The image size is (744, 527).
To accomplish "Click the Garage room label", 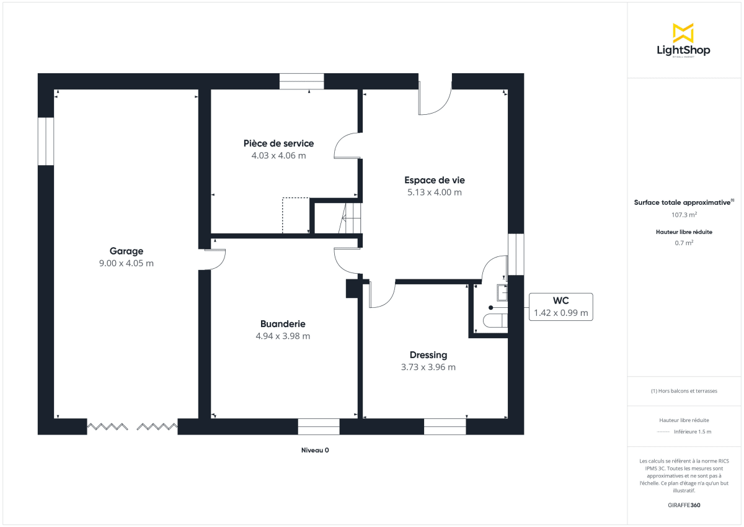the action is [126, 251].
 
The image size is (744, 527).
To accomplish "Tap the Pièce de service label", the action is [278, 144].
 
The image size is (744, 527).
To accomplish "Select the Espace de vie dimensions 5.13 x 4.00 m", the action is [435, 192].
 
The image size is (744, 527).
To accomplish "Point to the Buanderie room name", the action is [283, 324].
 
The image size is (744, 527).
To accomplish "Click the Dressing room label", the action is [428, 355].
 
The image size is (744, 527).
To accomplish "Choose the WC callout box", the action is [561, 307].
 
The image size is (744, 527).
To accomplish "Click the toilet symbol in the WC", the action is [495, 320].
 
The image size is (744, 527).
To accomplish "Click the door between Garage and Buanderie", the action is [215, 259].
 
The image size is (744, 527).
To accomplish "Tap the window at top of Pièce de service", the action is [301, 81].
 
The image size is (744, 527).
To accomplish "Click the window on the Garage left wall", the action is [46, 141].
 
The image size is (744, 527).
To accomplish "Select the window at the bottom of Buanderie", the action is [319, 426].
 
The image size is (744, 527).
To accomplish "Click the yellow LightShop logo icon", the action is [683, 33].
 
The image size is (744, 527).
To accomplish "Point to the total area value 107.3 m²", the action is [684, 215].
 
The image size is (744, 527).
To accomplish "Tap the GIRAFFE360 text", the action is [683, 505].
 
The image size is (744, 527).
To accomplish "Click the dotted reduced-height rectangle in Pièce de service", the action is [296, 215].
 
